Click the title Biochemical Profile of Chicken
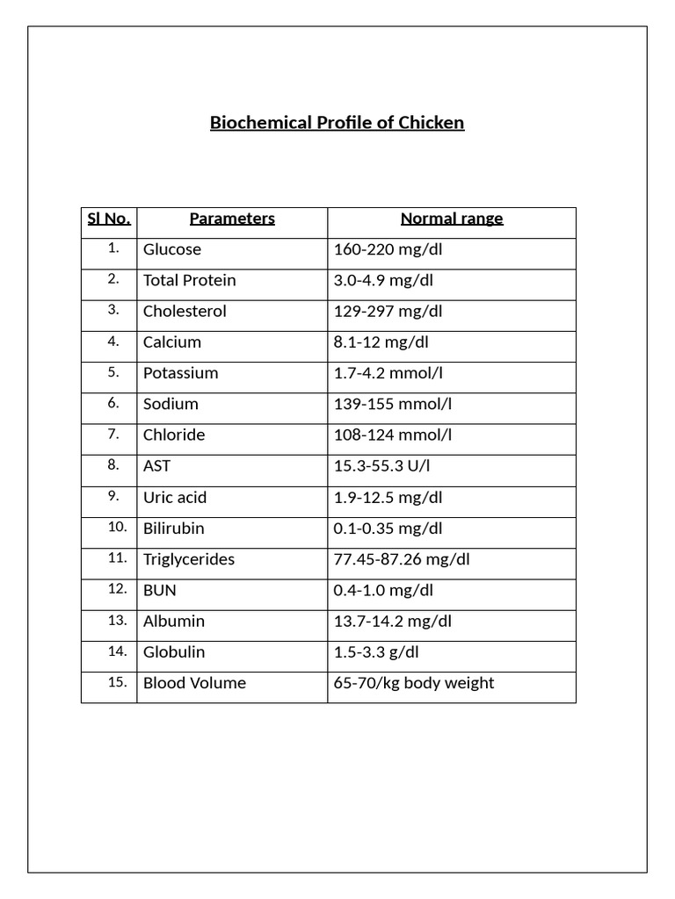(x=337, y=123)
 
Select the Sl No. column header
(x=109, y=219)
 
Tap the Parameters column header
(x=232, y=219)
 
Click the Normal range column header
(x=452, y=219)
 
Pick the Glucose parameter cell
(x=172, y=249)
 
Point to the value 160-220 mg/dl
(x=388, y=249)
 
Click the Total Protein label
(x=190, y=280)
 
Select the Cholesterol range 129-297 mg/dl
(x=388, y=312)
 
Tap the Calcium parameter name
(x=172, y=342)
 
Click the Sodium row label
(x=171, y=404)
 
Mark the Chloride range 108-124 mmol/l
(x=393, y=435)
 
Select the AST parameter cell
(x=156, y=466)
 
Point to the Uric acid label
(x=175, y=498)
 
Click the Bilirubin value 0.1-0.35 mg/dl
(x=388, y=529)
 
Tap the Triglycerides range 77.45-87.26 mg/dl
(x=402, y=559)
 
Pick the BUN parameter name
(x=159, y=591)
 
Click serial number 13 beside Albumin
(x=118, y=621)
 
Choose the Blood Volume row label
(x=194, y=683)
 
